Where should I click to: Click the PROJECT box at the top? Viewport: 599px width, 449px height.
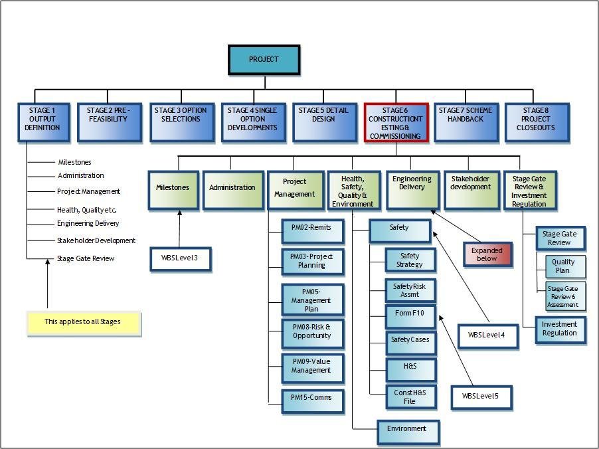click(x=264, y=60)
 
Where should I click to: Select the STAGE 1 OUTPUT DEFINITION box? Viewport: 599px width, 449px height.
click(x=44, y=122)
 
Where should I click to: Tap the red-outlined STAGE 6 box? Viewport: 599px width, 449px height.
click(x=395, y=122)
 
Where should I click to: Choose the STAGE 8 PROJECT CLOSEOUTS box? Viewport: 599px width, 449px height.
click(x=537, y=122)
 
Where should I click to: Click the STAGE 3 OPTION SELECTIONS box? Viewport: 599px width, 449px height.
click(x=181, y=122)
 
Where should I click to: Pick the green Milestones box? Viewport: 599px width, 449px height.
click(x=173, y=189)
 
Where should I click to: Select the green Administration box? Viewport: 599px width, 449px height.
click(x=232, y=189)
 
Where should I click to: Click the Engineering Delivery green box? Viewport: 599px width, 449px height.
click(x=412, y=189)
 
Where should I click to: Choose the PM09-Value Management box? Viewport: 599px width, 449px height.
click(x=311, y=367)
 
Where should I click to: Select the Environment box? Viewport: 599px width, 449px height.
click(x=408, y=430)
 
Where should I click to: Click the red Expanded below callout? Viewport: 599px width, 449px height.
click(x=487, y=254)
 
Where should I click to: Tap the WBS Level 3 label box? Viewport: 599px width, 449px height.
click(x=180, y=258)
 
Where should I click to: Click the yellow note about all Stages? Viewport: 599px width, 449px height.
click(x=83, y=323)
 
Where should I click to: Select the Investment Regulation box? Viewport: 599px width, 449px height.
click(x=560, y=329)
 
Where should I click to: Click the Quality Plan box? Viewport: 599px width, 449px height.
click(x=562, y=267)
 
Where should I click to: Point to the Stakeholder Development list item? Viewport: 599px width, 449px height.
click(x=96, y=240)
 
